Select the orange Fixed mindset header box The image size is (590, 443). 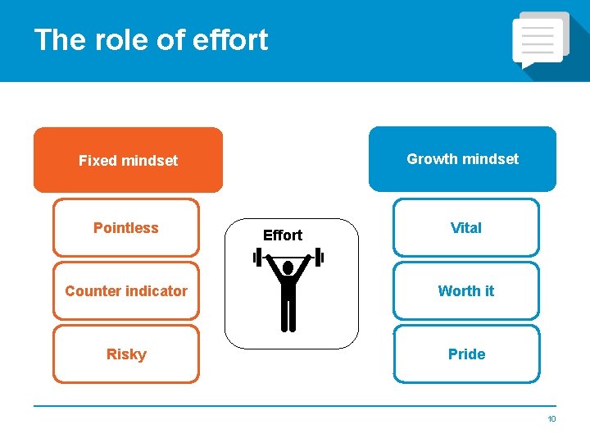pyautogui.click(x=128, y=160)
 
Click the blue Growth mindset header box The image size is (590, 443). pyautogui.click(x=462, y=159)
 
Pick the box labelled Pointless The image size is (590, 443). pyautogui.click(x=126, y=228)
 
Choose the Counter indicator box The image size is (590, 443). pyautogui.click(x=126, y=291)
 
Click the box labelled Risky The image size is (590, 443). pyautogui.click(x=126, y=354)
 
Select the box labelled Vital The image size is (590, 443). pyautogui.click(x=466, y=228)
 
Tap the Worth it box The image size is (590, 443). pyautogui.click(x=466, y=291)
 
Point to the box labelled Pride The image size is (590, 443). pyautogui.click(x=466, y=354)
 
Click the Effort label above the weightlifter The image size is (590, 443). pyautogui.click(x=283, y=235)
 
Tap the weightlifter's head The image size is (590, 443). pyautogui.click(x=288, y=268)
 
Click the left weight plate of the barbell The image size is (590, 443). pyautogui.click(x=256, y=258)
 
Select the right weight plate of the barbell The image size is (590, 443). pyautogui.click(x=320, y=258)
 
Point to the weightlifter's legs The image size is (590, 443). pyautogui.click(x=288, y=316)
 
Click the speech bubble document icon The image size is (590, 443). pyautogui.click(x=539, y=39)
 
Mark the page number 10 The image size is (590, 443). pyautogui.click(x=551, y=419)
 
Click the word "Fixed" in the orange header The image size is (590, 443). pyautogui.click(x=97, y=161)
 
